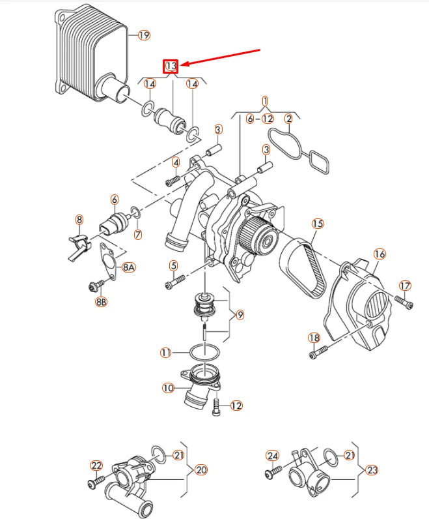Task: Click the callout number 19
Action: point(144,35)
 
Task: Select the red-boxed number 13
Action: point(171,66)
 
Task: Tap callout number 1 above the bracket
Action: point(266,101)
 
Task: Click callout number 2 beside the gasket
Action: point(288,118)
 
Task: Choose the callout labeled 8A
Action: point(128,267)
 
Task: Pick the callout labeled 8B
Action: point(101,302)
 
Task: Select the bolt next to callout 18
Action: point(318,353)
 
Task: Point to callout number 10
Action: point(167,387)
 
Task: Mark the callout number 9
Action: point(240,315)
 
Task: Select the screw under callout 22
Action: point(96,482)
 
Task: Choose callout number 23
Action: point(372,469)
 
